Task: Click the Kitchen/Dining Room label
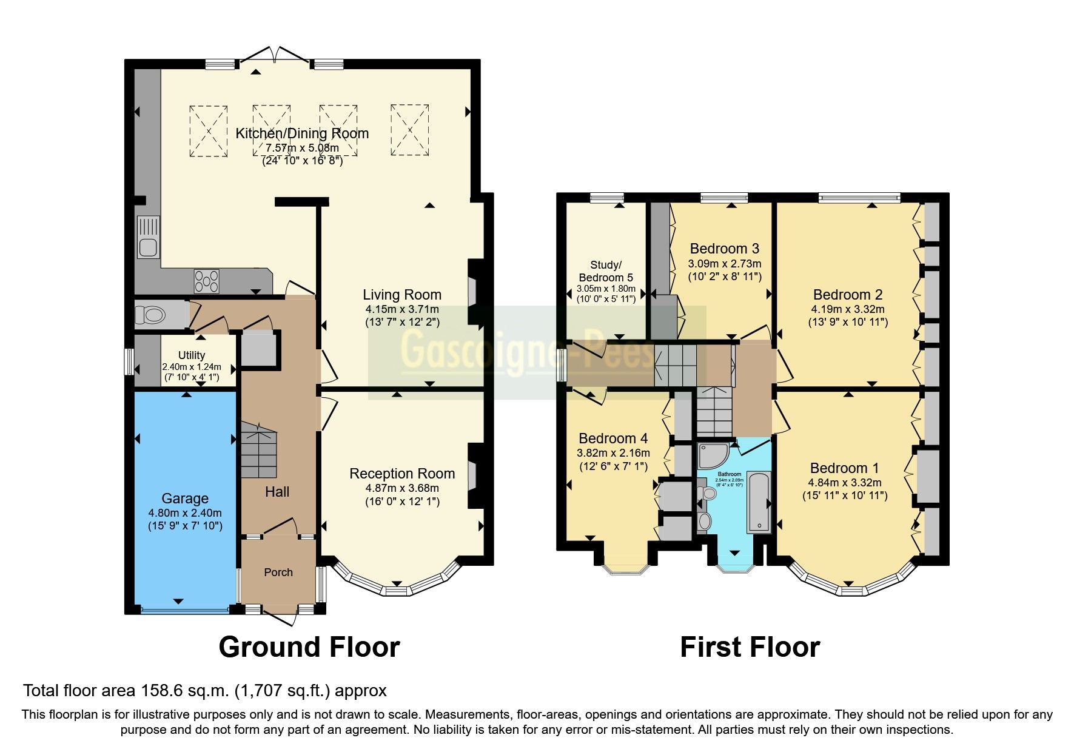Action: coord(301,133)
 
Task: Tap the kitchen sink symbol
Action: coord(147,237)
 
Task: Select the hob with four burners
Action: coord(206,281)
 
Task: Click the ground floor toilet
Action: coord(151,315)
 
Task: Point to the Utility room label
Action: coord(191,355)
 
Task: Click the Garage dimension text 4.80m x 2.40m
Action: coord(185,513)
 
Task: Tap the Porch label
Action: coord(278,572)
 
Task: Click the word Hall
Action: coord(277,492)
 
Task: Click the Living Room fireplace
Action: coord(474,292)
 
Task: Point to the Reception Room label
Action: coord(401,474)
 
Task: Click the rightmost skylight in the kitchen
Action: coord(409,130)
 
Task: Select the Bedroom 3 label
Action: coord(724,249)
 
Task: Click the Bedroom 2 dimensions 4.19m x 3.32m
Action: coord(847,309)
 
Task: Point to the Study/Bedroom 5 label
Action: coord(605,271)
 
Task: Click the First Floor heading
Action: coord(750,647)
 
